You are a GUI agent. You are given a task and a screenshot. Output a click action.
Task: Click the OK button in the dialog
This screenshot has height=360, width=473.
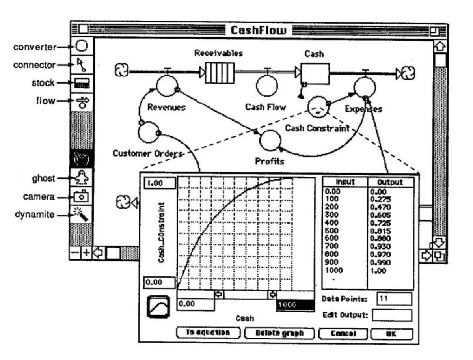(x=391, y=333)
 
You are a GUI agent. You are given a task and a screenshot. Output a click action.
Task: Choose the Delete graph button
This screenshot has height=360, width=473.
(x=279, y=333)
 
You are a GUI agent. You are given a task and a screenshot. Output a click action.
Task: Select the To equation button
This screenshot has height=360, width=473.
(x=208, y=333)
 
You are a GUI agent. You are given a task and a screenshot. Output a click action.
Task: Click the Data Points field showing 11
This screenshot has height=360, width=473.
(x=394, y=299)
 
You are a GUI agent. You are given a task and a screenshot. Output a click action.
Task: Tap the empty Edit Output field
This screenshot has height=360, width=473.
(x=392, y=315)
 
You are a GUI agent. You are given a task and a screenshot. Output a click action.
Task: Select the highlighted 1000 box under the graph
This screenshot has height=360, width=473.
(x=296, y=305)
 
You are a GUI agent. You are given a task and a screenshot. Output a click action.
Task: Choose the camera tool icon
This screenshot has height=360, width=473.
(x=82, y=196)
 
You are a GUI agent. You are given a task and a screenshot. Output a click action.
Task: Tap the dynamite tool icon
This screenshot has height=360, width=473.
(x=82, y=215)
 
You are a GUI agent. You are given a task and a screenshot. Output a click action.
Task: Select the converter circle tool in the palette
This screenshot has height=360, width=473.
(x=82, y=47)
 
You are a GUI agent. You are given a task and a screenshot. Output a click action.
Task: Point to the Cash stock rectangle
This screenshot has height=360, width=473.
(x=315, y=73)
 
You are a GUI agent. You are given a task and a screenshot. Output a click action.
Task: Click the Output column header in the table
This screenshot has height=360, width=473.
(x=390, y=183)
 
